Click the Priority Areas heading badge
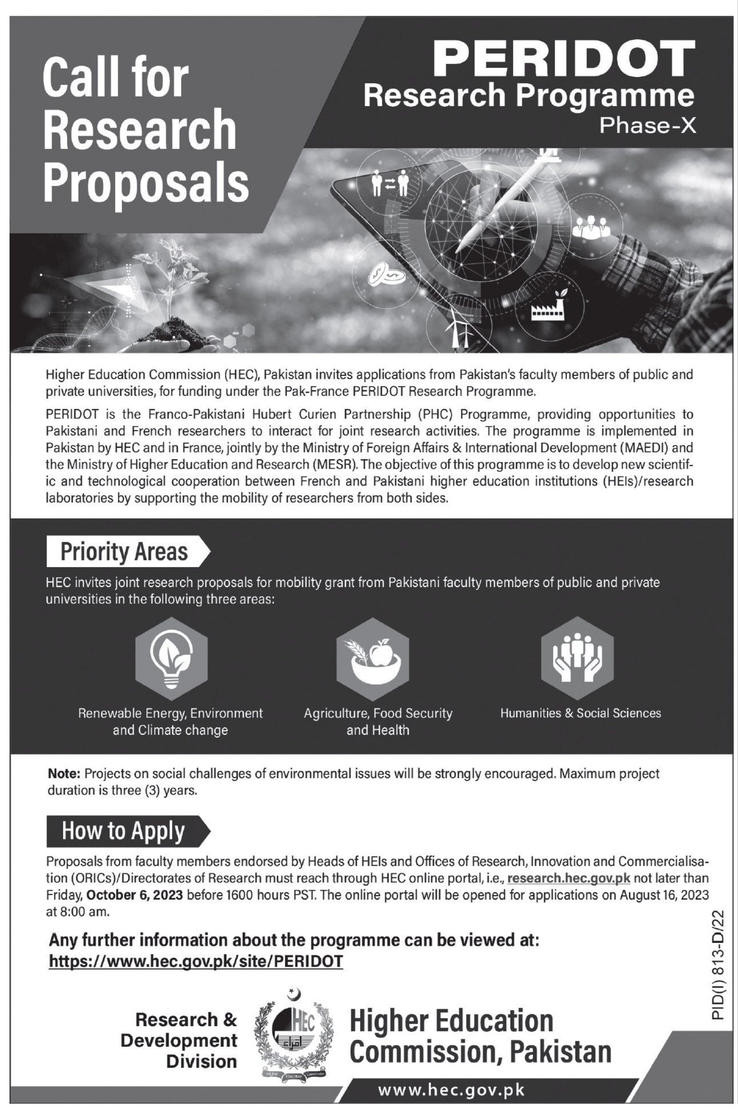pos(125,551)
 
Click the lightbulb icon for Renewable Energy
pos(172,660)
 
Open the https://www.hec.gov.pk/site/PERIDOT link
pos(196,961)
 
